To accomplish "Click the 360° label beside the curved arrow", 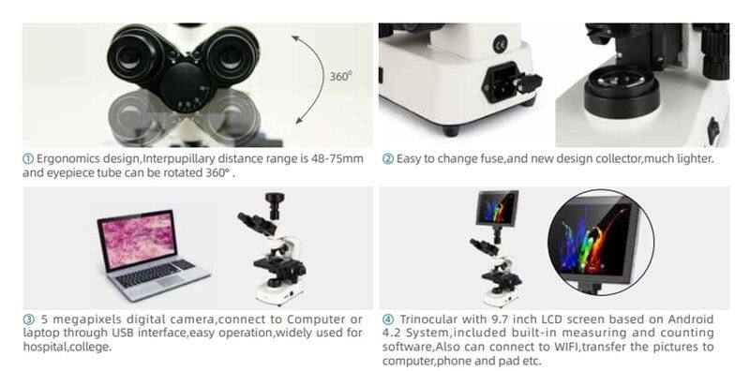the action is coord(340,76).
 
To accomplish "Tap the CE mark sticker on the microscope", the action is coord(501,45).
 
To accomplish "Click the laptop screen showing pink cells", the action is coord(137,239).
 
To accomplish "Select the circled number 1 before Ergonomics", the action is coord(28,158).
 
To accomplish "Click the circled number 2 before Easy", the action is coord(387,158).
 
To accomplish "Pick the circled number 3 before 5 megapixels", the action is coord(28,319).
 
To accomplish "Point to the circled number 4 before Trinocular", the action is coord(388,319).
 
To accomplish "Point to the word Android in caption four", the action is coord(690,319).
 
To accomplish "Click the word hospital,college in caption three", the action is coord(67,347).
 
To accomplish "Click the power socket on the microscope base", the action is coord(500,82).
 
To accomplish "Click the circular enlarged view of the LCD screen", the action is coord(601,243).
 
